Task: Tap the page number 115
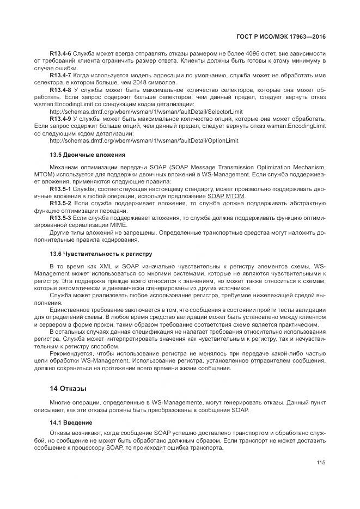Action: coord(320,463)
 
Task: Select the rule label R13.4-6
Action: coord(60,53)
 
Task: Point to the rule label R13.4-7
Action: coord(60,75)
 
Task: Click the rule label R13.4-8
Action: coord(60,89)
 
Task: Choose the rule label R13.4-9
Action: coord(60,118)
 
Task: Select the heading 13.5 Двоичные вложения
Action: coord(87,155)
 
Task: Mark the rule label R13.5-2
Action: coord(60,203)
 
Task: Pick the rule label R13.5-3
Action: coord(60,218)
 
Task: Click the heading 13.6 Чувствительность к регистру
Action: coord(101,254)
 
